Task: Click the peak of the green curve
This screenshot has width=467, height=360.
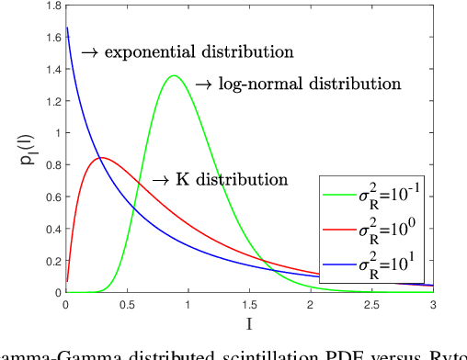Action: tap(173, 76)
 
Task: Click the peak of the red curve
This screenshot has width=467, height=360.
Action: tap(101, 157)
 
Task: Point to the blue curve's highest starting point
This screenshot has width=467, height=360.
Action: tap(67, 28)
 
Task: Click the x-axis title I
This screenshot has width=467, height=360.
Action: tap(248, 323)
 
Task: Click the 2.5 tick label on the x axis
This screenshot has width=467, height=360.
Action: tap(370, 304)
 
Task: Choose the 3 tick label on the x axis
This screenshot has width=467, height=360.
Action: tap(432, 304)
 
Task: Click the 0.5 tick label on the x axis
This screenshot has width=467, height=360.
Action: tap(126, 304)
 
